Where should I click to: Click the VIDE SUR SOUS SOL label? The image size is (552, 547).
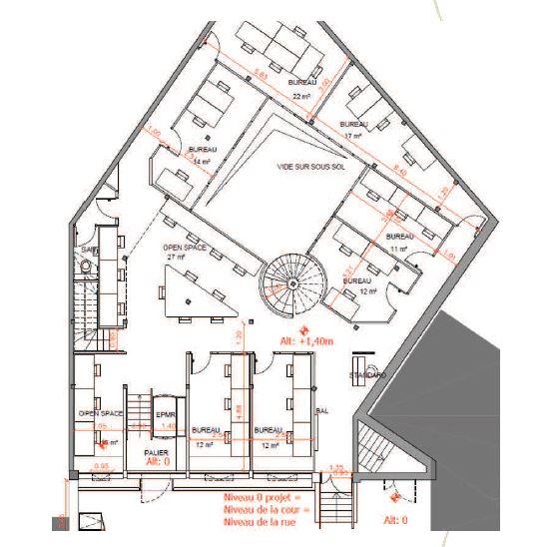(x=297, y=168)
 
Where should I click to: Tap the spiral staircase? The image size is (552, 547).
(x=288, y=284)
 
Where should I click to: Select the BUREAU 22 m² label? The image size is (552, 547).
(x=302, y=89)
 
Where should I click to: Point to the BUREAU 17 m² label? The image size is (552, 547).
(x=353, y=129)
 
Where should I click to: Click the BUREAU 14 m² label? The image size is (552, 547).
(x=204, y=154)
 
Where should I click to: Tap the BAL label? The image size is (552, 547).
(x=322, y=410)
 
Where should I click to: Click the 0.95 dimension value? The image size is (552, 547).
(x=102, y=466)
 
